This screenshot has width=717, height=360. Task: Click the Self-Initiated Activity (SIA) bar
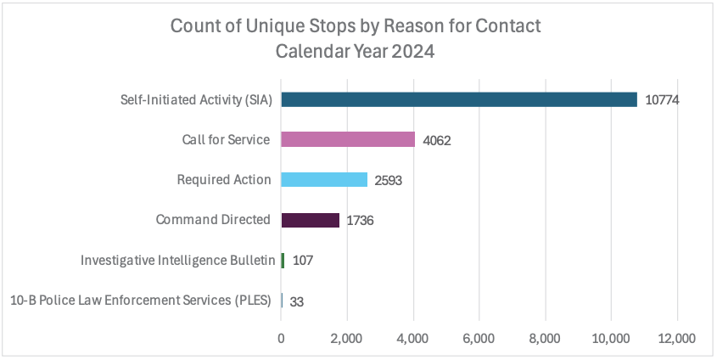(x=458, y=99)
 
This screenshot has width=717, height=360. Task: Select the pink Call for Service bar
(x=348, y=139)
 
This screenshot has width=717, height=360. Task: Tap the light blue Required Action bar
(x=324, y=179)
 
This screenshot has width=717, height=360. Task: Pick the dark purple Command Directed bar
(x=310, y=220)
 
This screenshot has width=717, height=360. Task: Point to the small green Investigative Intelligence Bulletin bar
(x=283, y=260)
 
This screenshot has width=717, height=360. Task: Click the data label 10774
(x=663, y=100)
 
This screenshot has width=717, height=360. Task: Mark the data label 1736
(x=360, y=220)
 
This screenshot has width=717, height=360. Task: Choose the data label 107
(x=302, y=261)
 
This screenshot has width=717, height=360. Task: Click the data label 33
(x=297, y=301)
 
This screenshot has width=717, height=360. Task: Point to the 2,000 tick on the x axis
(x=347, y=338)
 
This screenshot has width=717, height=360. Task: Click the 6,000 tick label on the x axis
(x=479, y=338)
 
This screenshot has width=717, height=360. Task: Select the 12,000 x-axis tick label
(x=676, y=338)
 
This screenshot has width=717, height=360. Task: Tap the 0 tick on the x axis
(x=282, y=338)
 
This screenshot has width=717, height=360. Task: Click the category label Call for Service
(x=226, y=139)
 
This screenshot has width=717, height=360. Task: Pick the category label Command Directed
(x=213, y=220)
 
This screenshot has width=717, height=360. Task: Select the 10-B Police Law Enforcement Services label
(x=142, y=300)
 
